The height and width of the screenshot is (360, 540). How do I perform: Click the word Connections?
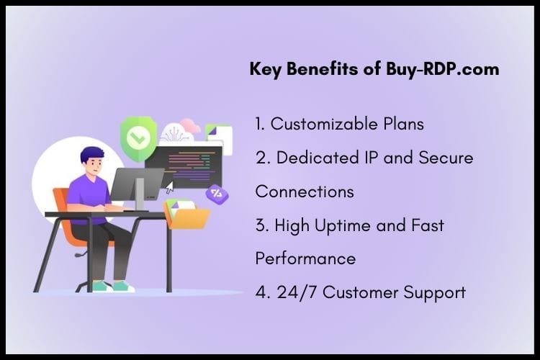tap(305, 192)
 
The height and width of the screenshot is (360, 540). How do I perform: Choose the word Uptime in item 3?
tap(346, 225)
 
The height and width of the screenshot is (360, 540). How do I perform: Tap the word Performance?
tap(305, 258)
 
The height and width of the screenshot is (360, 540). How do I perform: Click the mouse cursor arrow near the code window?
tap(170, 188)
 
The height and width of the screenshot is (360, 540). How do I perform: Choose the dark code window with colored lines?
tap(191, 163)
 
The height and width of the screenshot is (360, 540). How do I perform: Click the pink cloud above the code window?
tap(191, 125)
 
